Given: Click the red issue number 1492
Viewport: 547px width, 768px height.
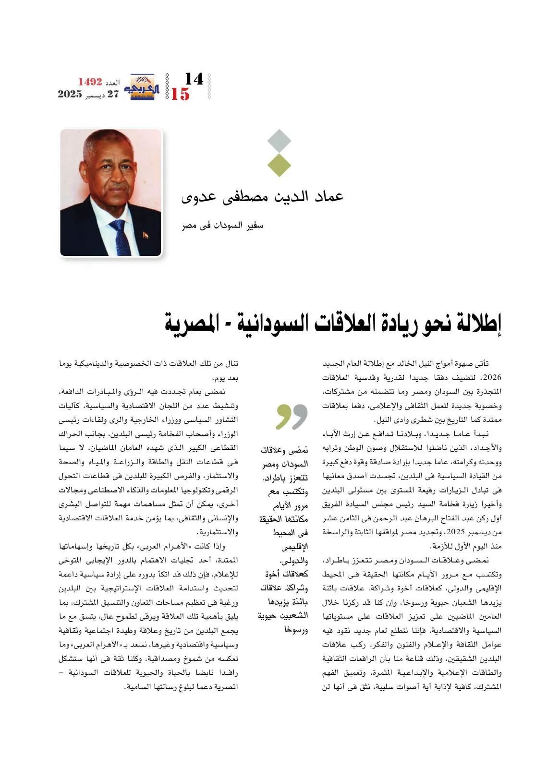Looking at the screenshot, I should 90,82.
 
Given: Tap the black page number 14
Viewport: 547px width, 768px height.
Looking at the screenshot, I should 194,79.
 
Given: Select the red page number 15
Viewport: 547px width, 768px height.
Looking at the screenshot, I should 180,94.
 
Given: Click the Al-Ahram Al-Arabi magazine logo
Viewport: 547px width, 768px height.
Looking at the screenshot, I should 140,87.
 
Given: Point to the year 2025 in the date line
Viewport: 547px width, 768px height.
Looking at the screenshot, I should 70,94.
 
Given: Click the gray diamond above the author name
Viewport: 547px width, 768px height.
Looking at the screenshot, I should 279,141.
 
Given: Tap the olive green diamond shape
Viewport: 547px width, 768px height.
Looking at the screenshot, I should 279,165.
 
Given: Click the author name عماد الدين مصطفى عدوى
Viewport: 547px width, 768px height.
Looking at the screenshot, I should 262,197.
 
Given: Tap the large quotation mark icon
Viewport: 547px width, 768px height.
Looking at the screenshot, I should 292,416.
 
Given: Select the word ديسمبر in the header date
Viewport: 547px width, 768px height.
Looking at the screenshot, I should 95,95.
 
